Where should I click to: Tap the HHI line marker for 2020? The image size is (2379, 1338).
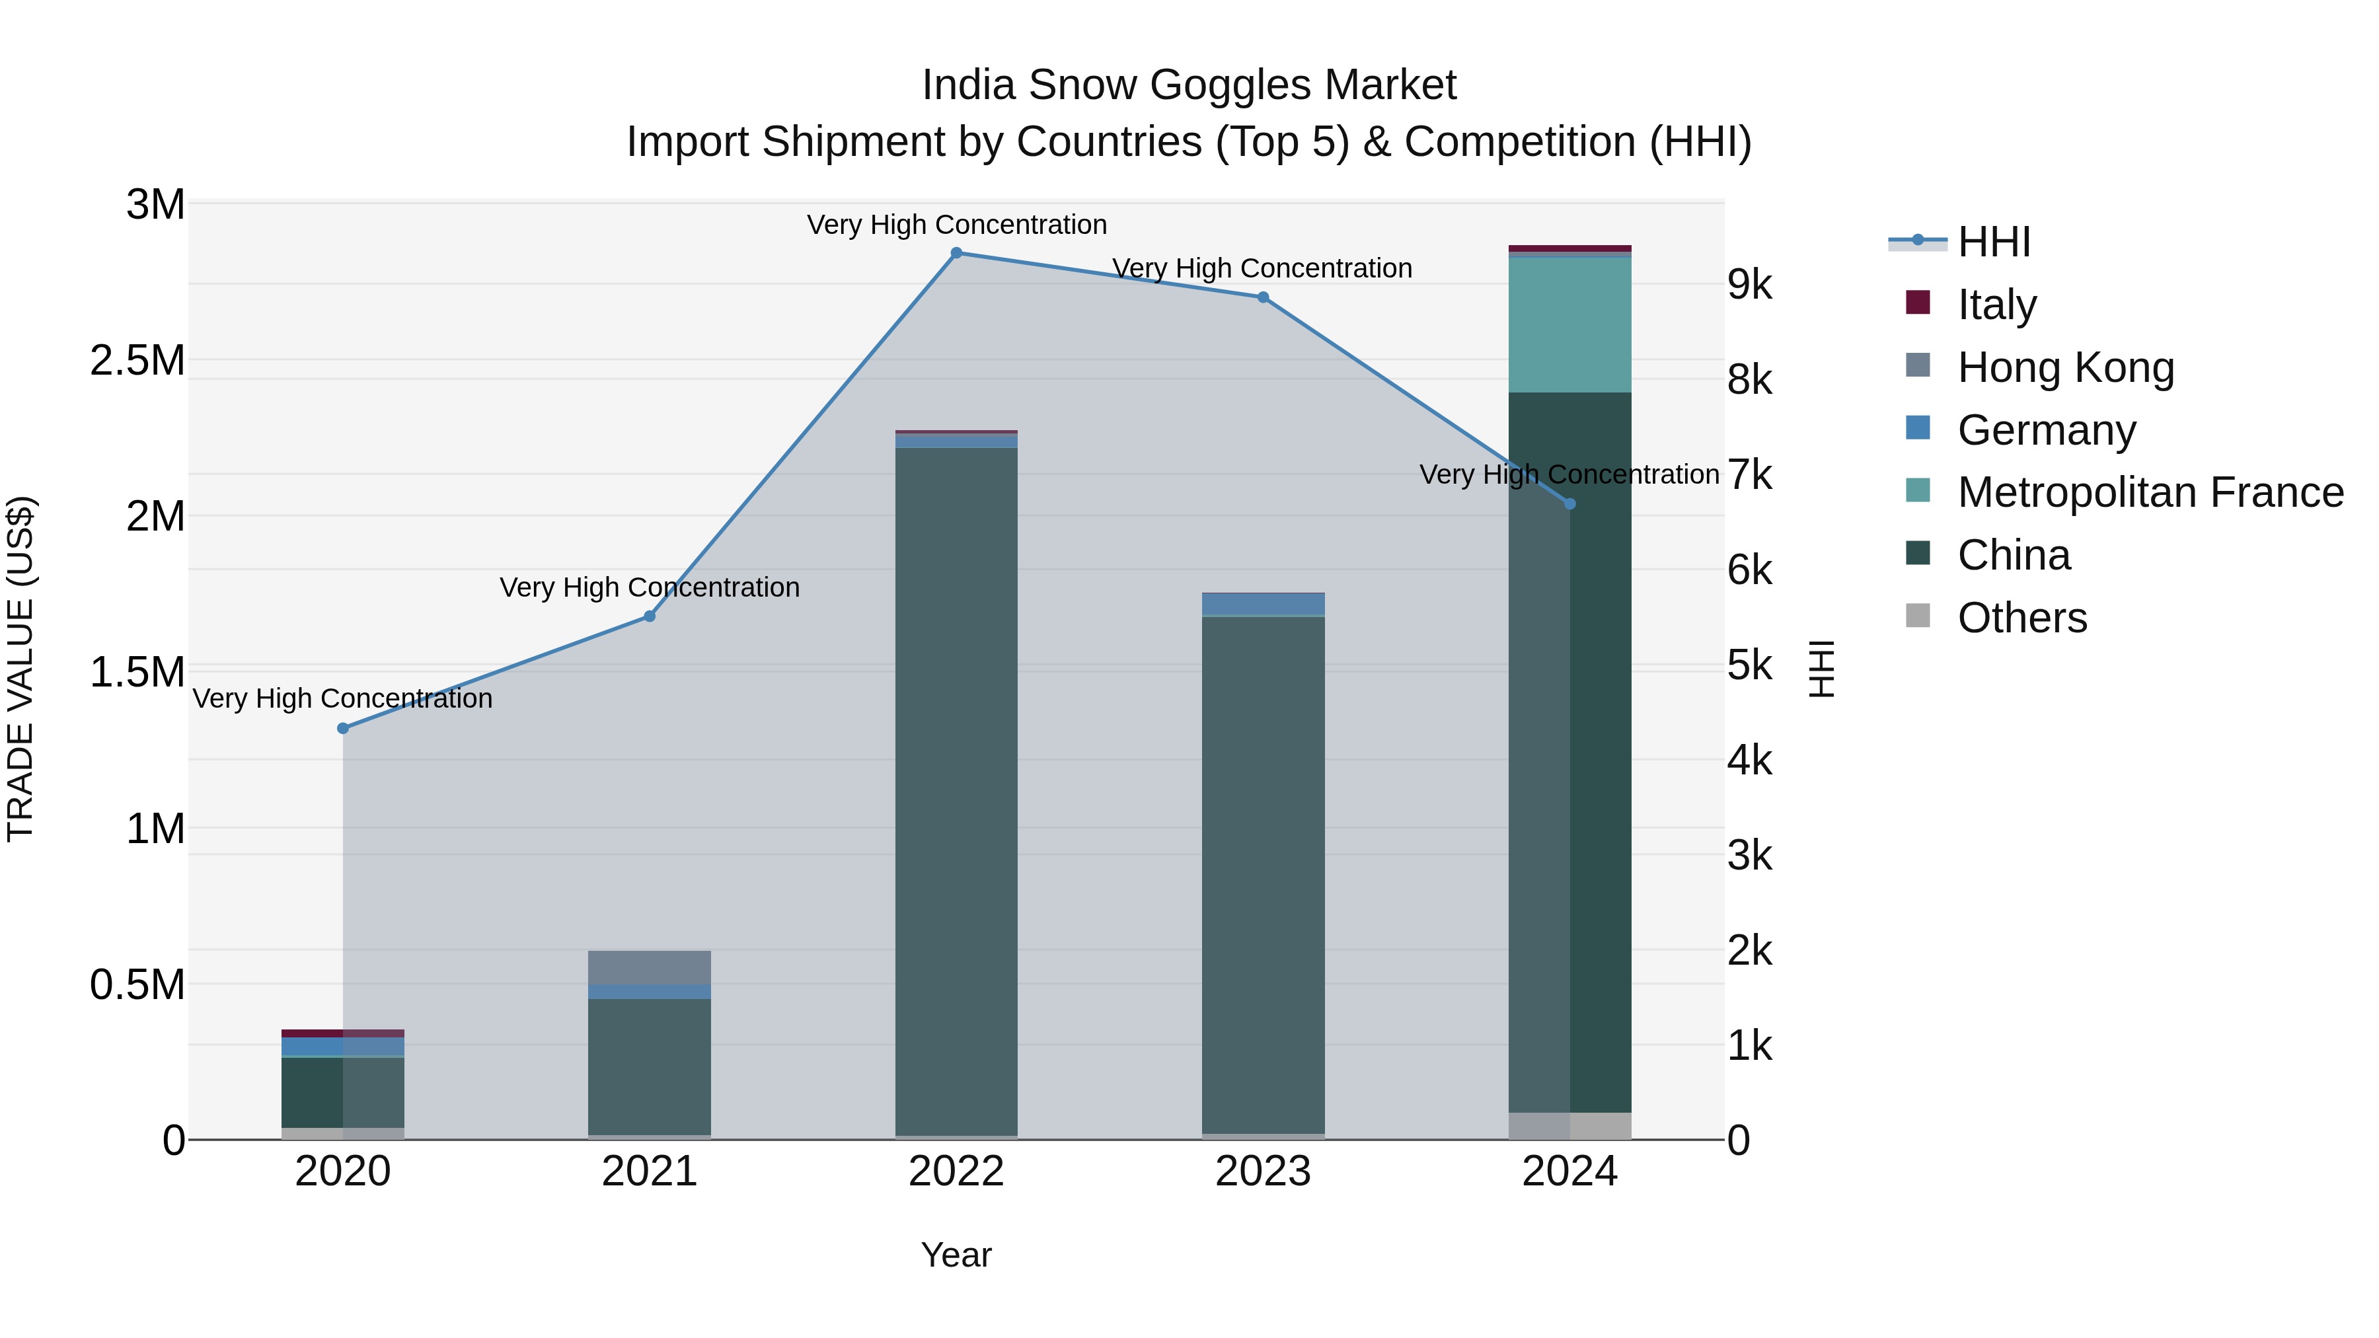(x=342, y=729)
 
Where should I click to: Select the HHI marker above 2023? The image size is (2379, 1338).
(x=1262, y=297)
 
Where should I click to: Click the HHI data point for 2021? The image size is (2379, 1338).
(x=649, y=616)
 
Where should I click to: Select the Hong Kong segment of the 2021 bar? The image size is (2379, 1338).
(x=649, y=968)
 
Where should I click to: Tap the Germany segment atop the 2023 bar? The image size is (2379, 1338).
(x=1262, y=604)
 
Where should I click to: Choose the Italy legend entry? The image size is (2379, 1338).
(x=1996, y=305)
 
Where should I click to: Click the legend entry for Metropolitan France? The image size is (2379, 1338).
(x=2150, y=493)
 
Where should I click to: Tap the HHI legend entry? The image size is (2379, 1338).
(x=1993, y=242)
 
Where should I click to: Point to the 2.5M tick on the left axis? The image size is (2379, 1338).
(x=137, y=360)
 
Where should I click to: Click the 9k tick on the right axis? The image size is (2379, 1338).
(x=1749, y=285)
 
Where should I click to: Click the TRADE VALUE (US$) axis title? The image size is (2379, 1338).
(x=21, y=669)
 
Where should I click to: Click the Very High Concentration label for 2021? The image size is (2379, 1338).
(x=649, y=587)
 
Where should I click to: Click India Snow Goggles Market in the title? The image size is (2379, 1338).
(x=1189, y=85)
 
